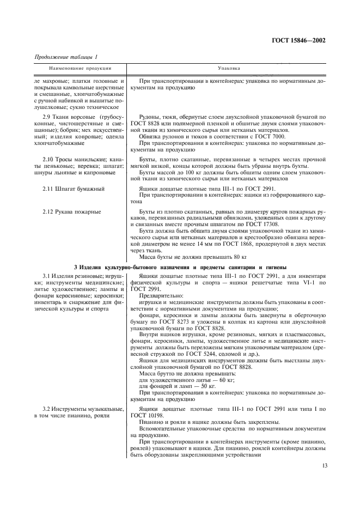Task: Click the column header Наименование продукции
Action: [80, 69]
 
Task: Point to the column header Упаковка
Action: [226, 69]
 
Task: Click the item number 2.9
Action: [48, 117]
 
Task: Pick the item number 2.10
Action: [50, 159]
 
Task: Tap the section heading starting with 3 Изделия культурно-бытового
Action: [180, 266]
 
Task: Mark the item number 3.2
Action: [48, 409]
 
